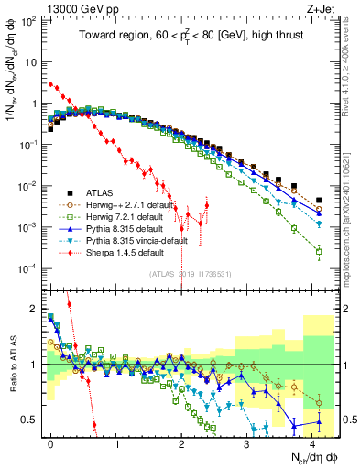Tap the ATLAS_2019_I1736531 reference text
183,274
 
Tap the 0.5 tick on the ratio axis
29,420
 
